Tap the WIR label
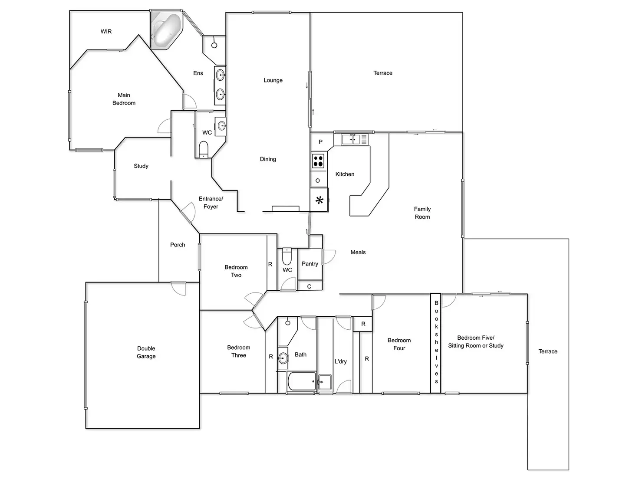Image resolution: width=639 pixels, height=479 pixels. pyautogui.click(x=106, y=32)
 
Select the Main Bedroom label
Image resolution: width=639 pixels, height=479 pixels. pyautogui.click(x=124, y=99)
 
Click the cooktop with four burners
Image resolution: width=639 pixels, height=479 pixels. pyautogui.click(x=318, y=161)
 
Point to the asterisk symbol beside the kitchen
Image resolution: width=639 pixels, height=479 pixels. pyautogui.click(x=319, y=200)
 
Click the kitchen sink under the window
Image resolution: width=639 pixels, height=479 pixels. pyautogui.click(x=351, y=139)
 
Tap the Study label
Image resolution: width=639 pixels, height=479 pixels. pyautogui.click(x=141, y=166)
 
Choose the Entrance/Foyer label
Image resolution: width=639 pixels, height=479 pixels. pyautogui.click(x=211, y=203)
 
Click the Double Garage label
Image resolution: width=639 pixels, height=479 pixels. pyautogui.click(x=146, y=352)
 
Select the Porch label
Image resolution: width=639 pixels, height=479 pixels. pyautogui.click(x=178, y=245)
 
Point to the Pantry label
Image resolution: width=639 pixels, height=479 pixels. pyautogui.click(x=310, y=264)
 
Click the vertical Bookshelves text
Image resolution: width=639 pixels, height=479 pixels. pyautogui.click(x=436, y=342)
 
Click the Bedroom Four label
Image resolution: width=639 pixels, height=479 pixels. pyautogui.click(x=399, y=344)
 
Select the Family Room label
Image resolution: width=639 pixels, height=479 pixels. pyautogui.click(x=422, y=213)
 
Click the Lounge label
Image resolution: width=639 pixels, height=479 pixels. pyautogui.click(x=273, y=80)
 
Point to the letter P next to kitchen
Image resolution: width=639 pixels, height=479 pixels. pyautogui.click(x=321, y=142)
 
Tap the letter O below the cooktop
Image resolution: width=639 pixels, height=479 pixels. pyautogui.click(x=318, y=180)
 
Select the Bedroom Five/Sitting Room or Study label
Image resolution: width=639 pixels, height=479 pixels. pyautogui.click(x=476, y=342)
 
